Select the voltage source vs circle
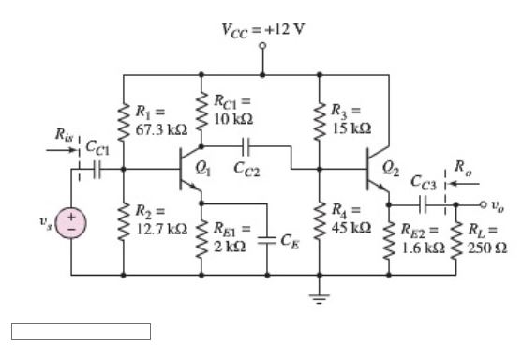71,224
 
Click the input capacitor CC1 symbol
95,170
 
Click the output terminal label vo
498,203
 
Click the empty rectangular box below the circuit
81,331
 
